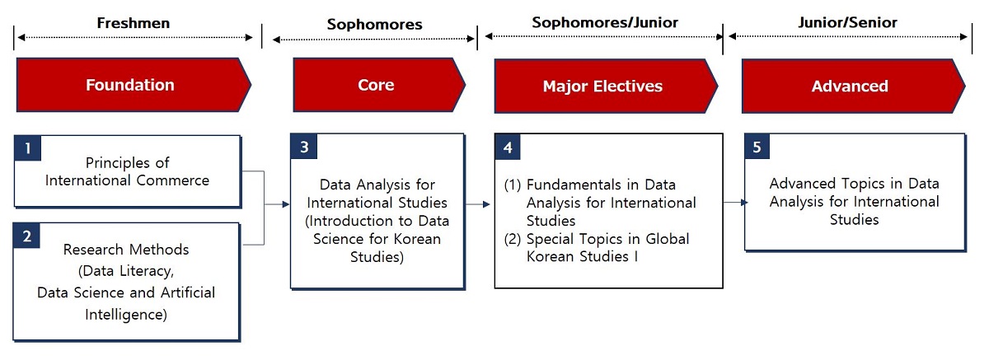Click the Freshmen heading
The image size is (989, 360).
[134, 23]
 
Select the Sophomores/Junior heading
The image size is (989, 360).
[605, 22]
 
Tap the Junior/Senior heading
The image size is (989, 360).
[848, 22]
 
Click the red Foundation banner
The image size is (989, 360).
[134, 85]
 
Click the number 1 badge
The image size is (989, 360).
[27, 148]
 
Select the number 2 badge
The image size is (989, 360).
[26, 236]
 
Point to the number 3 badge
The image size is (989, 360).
[304, 147]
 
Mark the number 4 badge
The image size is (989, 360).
[508, 147]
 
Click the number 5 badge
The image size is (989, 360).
[757, 147]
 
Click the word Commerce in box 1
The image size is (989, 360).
[172, 180]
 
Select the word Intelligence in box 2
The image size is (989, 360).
[126, 315]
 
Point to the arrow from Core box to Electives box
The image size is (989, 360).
[478, 204]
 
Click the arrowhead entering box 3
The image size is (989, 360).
[286, 204]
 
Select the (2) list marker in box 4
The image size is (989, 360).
[513, 239]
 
